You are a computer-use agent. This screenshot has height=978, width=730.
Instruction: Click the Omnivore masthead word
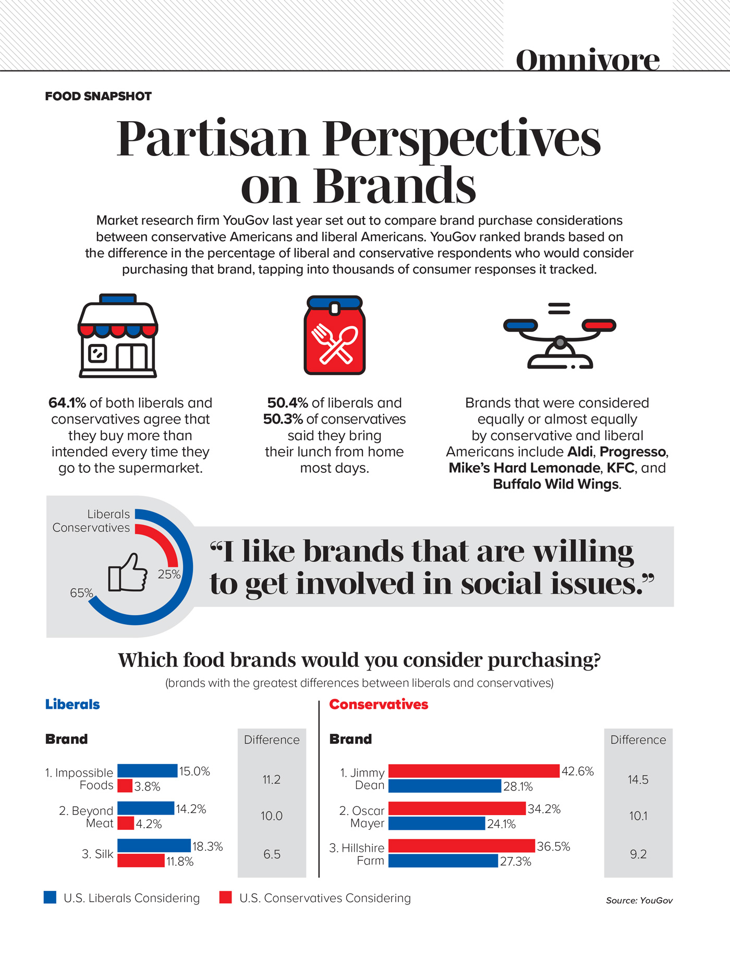coord(587,60)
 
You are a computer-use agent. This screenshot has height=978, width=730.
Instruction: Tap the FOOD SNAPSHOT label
coord(98,97)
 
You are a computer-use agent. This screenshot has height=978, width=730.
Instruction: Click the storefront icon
coord(118,336)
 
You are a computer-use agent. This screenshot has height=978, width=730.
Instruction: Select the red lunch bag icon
coord(334,336)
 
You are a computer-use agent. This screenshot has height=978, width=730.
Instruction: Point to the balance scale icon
coord(559,337)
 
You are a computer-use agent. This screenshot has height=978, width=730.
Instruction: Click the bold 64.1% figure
coord(67,403)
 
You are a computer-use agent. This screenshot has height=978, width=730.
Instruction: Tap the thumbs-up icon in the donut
coord(127,573)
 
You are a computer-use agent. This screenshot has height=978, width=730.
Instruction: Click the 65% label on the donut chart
coord(81,593)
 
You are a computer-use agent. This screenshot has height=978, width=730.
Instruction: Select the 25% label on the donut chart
coord(169,575)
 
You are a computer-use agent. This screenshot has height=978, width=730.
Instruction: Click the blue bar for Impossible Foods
coord(147,771)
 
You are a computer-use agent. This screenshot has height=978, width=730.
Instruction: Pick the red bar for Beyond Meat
coord(126,824)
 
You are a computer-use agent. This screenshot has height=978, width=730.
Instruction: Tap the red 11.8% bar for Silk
coord(141,861)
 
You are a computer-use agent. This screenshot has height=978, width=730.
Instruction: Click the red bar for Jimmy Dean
coord(473,771)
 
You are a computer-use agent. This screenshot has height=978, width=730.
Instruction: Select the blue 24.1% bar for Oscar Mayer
coord(436,824)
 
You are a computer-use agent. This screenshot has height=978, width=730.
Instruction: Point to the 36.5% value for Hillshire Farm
coord(553,846)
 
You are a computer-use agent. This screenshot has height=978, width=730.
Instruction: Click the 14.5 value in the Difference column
coord(638,780)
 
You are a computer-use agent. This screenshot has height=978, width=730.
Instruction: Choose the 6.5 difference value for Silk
coord(272,854)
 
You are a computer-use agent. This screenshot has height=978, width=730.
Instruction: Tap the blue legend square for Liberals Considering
coord(50,897)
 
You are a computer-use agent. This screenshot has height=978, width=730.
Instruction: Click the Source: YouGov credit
coord(639,900)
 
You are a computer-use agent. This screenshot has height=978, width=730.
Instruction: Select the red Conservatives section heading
coord(379,705)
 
